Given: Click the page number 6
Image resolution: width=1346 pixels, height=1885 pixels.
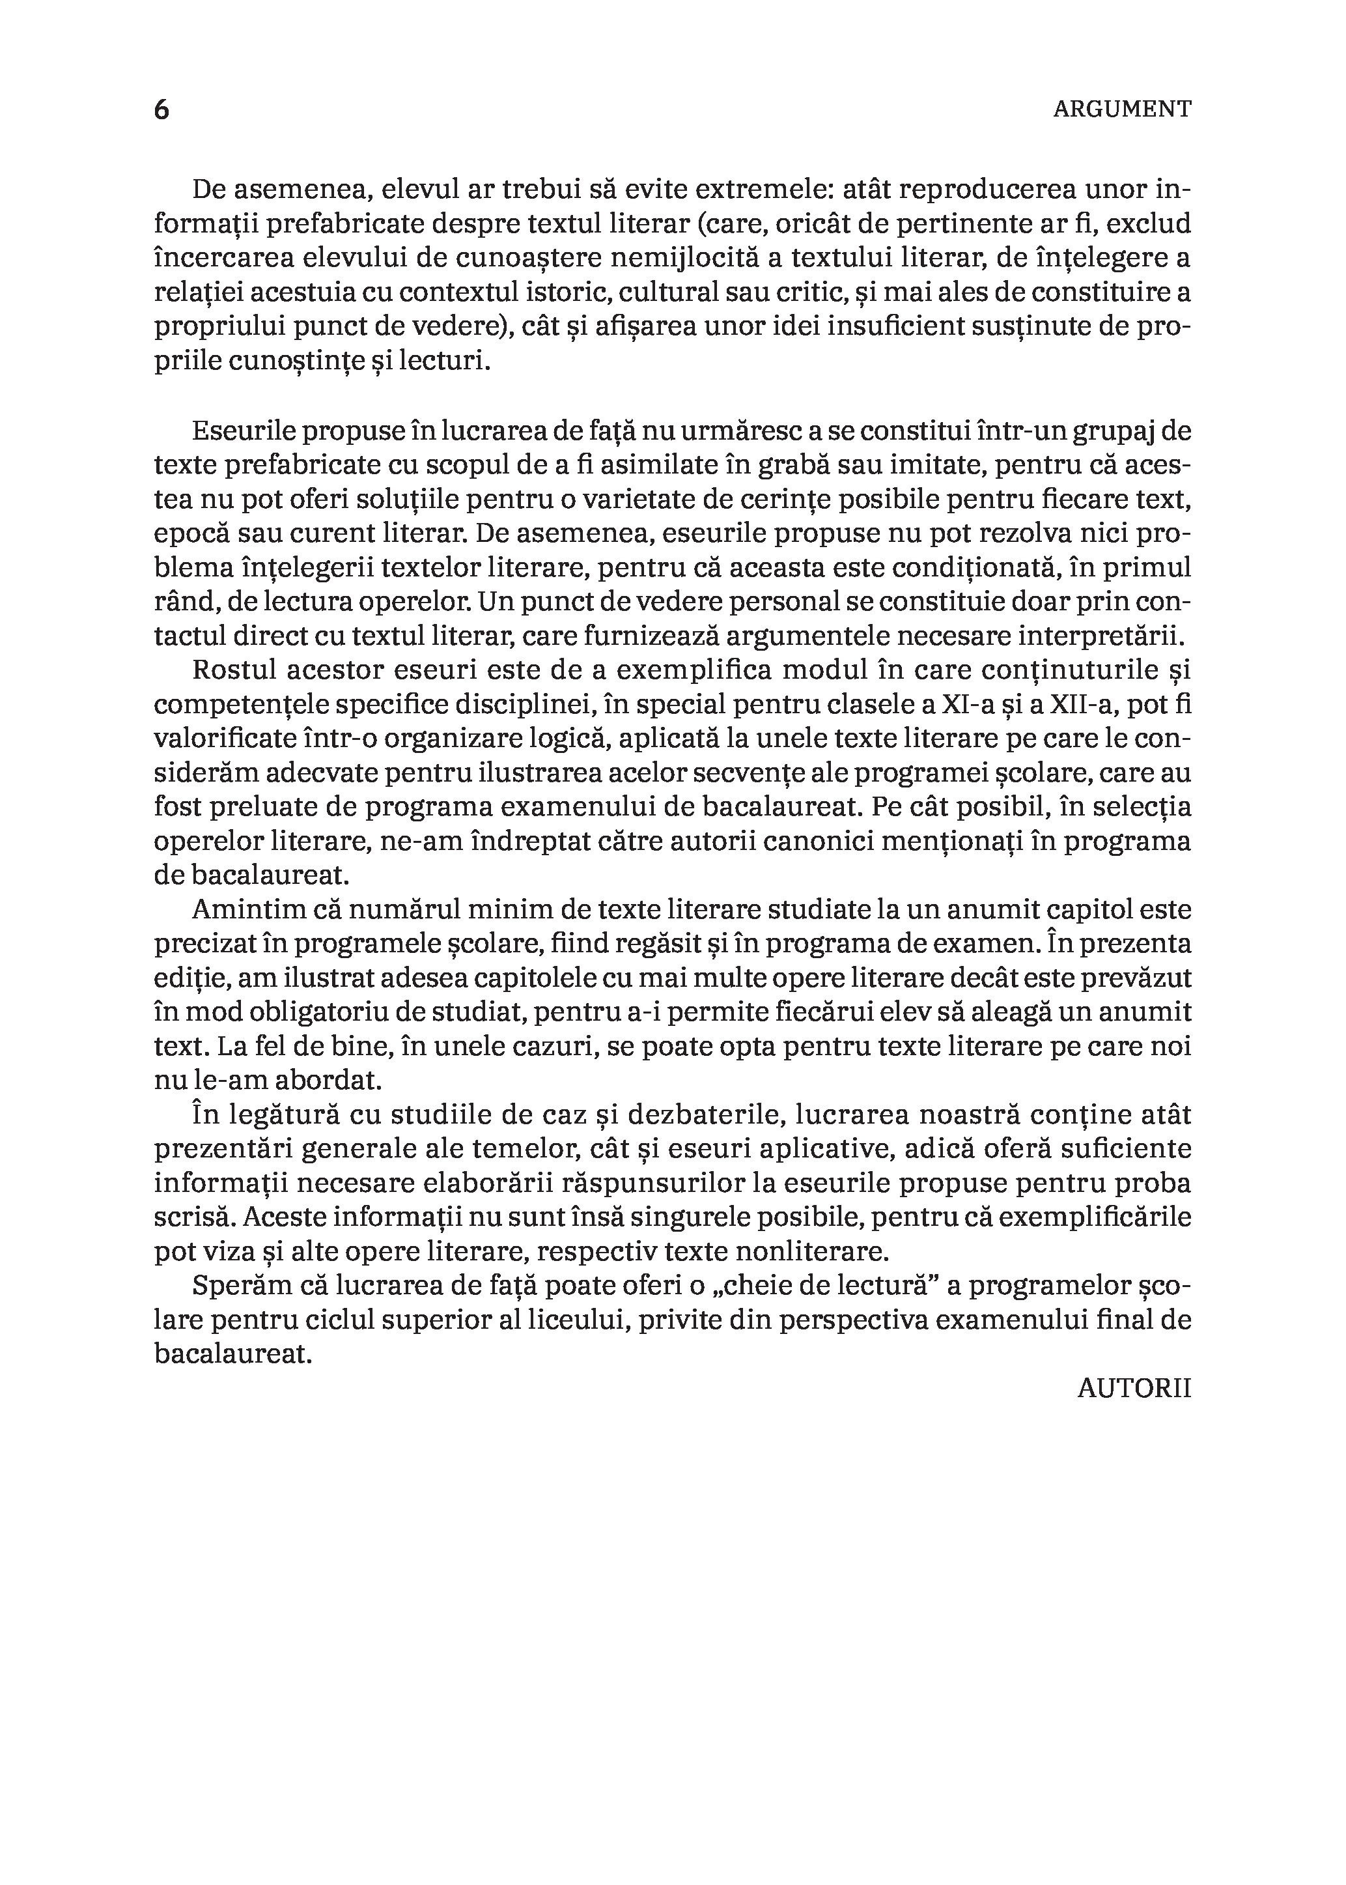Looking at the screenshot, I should (x=161, y=109).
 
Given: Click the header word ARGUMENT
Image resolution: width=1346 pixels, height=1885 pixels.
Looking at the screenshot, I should (x=1121, y=109).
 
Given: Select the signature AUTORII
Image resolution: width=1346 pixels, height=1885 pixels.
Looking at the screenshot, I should (x=1134, y=1389).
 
